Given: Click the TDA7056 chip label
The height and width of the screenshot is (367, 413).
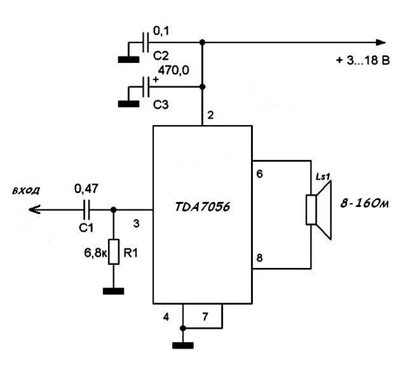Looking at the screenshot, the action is coord(202,207).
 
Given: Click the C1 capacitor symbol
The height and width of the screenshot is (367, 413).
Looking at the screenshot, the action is coord(86,210).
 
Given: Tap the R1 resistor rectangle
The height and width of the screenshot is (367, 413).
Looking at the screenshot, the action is coord(114,251).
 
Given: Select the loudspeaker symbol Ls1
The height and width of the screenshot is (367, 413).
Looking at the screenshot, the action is coord(318,210).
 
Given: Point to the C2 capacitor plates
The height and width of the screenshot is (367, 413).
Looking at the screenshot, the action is coord(146,43).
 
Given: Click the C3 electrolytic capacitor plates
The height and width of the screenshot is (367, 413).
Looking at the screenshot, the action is coord(146,87).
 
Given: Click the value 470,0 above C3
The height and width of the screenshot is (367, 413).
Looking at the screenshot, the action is coord(173,70).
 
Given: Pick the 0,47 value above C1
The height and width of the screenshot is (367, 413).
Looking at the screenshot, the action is coord(86,189).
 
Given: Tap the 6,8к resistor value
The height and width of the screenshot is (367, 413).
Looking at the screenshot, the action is coord(95,253).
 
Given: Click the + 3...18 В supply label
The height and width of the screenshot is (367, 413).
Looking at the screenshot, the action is coord(363,60).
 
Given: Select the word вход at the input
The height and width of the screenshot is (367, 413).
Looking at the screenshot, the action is coord(26,190).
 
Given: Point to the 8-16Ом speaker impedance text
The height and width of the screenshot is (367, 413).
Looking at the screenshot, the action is coord(364,204).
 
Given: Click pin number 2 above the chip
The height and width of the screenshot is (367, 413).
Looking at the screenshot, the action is coord(210,115).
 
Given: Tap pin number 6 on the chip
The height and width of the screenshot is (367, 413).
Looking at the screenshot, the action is coord(259,174).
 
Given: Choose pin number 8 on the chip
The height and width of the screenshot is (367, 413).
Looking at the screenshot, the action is coord(259,258).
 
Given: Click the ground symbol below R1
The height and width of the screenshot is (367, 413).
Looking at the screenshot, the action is coord(114,291).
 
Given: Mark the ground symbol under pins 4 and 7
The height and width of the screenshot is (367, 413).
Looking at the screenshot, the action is coord(183,345).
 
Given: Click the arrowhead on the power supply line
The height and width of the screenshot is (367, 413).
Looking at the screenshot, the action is coord(381,43).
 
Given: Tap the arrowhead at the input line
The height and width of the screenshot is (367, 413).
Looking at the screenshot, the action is coord(34,210).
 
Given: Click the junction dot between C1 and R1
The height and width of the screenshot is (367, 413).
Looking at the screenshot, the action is coord(114,210).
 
